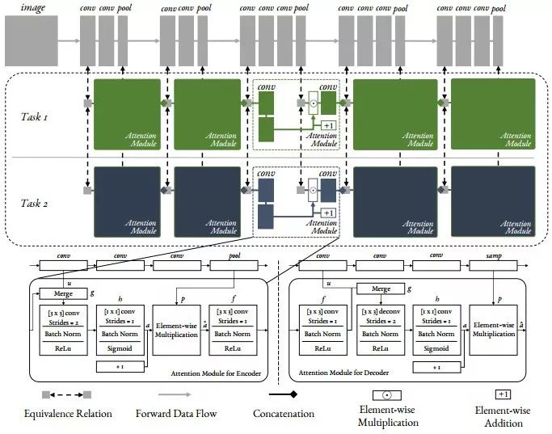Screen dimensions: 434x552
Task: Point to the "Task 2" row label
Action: point(35,202)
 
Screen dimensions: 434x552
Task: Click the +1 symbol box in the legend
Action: point(503,394)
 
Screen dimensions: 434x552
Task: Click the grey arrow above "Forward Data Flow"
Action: point(187,394)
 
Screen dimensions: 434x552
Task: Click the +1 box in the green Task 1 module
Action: point(328,125)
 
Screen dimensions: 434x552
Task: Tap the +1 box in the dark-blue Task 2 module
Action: point(328,213)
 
